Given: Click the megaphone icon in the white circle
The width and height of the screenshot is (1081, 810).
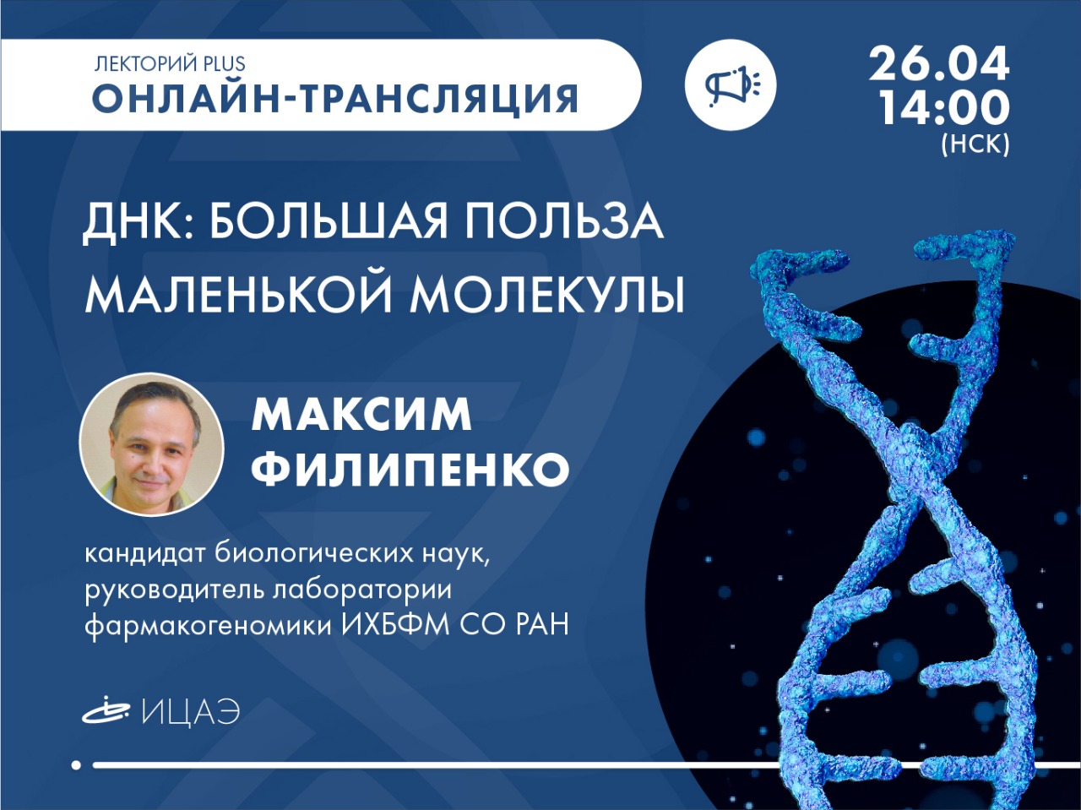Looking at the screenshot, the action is pyautogui.click(x=731, y=84).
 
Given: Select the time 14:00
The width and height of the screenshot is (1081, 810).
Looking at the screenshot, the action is pyautogui.click(x=941, y=109).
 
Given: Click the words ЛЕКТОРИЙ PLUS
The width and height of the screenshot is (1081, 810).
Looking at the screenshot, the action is pyautogui.click(x=169, y=63).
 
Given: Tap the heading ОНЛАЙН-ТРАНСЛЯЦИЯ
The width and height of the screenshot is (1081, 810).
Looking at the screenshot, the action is pyautogui.click(x=335, y=99).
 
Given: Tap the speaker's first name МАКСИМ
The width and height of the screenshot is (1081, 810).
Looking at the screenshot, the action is pyautogui.click(x=362, y=415).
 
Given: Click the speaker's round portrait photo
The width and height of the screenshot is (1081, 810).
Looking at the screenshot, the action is pyautogui.click(x=152, y=444).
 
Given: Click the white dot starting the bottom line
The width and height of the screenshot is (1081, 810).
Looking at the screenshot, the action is pyautogui.click(x=76, y=779).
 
